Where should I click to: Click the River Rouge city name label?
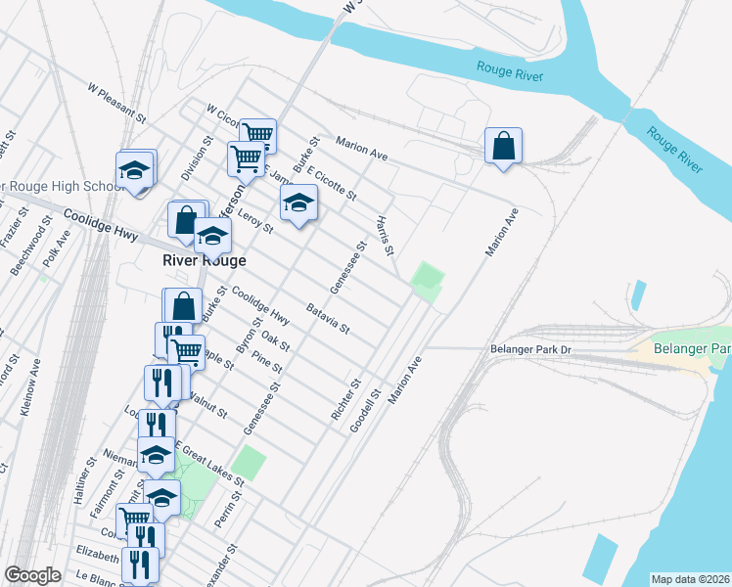pos(204,261)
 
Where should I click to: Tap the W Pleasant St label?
pos(116,101)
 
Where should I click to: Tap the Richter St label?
pos(346,399)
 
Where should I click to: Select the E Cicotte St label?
pos(331,183)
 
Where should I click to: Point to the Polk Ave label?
pos(57,249)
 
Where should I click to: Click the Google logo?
pos(32,575)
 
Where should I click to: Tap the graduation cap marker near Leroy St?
pos(299,203)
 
